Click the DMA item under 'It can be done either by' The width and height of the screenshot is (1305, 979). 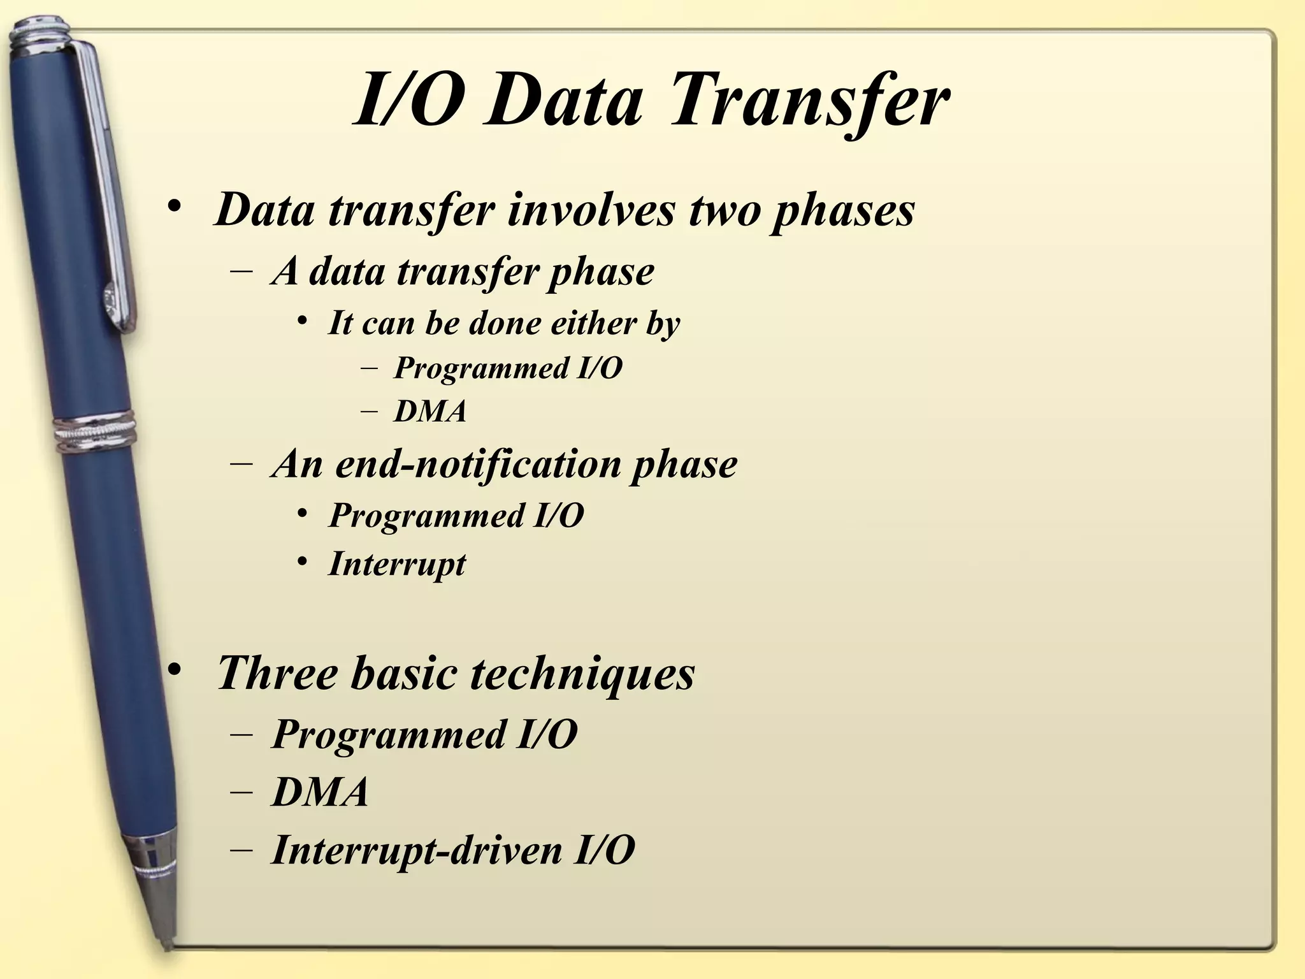pos(431,411)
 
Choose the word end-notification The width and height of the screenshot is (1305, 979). pos(478,463)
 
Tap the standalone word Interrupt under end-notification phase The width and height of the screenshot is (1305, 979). pos(397,564)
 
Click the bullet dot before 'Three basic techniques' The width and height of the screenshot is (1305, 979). pos(175,670)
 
